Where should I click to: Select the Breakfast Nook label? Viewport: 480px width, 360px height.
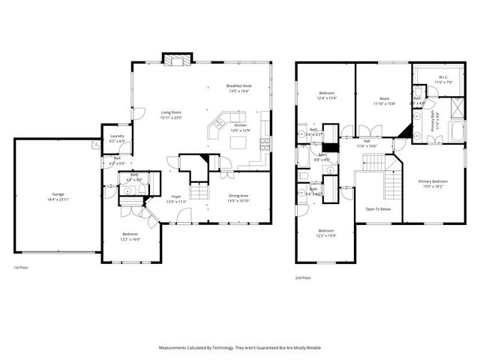(240, 86)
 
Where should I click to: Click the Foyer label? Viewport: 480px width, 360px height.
(176, 196)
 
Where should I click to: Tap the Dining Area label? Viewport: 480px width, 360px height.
(238, 196)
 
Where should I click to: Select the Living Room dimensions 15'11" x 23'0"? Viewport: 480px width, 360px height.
(171, 117)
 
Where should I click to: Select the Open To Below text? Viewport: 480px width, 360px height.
(379, 210)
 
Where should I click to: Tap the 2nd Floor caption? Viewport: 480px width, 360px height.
(304, 277)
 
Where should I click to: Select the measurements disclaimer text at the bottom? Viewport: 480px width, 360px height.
(240, 347)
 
